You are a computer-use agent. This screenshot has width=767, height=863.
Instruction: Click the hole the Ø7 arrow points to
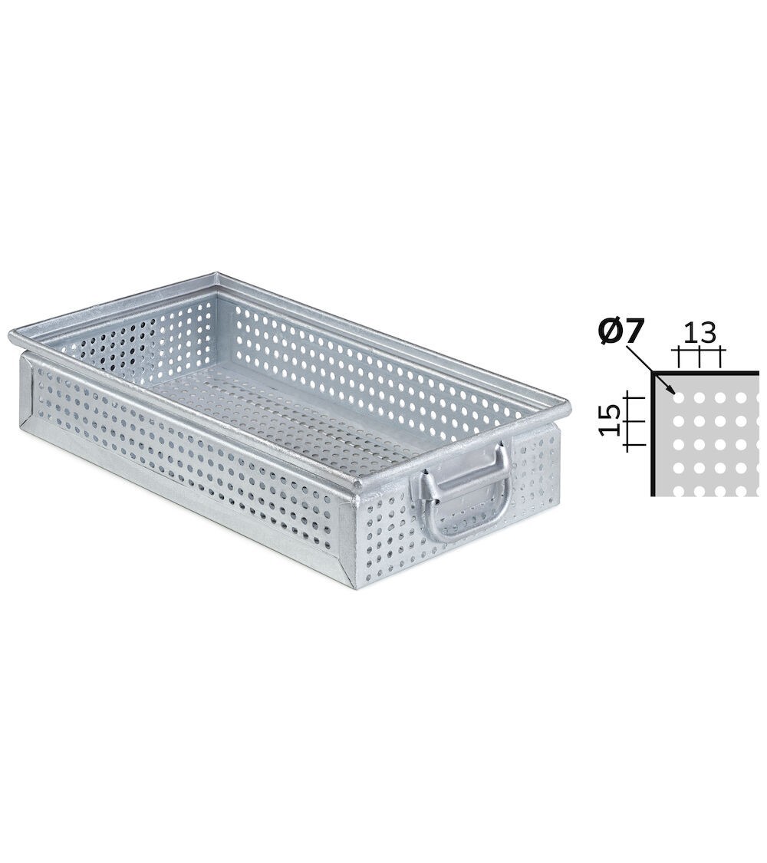click(x=677, y=397)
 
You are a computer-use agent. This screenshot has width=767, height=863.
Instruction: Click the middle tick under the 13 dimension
click(x=700, y=357)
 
